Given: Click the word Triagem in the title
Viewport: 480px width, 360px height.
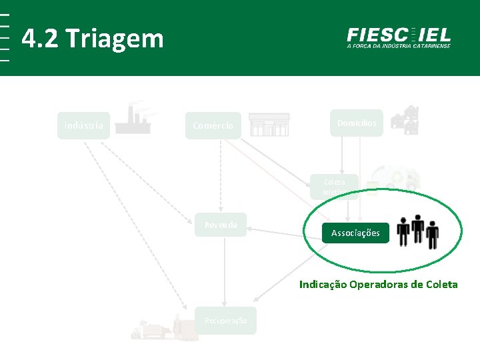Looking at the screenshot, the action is (x=115, y=39).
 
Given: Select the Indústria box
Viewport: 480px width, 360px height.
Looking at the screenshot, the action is (x=83, y=125).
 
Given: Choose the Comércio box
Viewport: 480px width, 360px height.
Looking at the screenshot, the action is (x=213, y=125).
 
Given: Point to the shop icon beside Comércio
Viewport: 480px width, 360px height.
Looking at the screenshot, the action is (x=269, y=124).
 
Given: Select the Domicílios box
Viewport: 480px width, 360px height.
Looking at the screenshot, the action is (x=356, y=123).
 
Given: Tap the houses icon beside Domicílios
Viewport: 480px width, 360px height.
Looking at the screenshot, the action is (x=405, y=120).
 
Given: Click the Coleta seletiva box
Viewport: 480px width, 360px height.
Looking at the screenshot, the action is (x=334, y=187).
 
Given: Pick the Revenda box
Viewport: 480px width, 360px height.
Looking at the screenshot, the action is (x=221, y=225).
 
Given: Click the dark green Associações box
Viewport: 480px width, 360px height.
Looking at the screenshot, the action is (x=355, y=233).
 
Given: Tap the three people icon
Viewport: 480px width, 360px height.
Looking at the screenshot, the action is (x=418, y=231).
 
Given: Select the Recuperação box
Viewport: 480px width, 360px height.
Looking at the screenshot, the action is (x=225, y=321).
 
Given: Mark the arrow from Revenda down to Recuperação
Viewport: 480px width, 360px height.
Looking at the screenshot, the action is (x=225, y=273).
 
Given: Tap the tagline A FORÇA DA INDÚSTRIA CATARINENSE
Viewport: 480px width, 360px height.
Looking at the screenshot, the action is (x=399, y=46).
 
